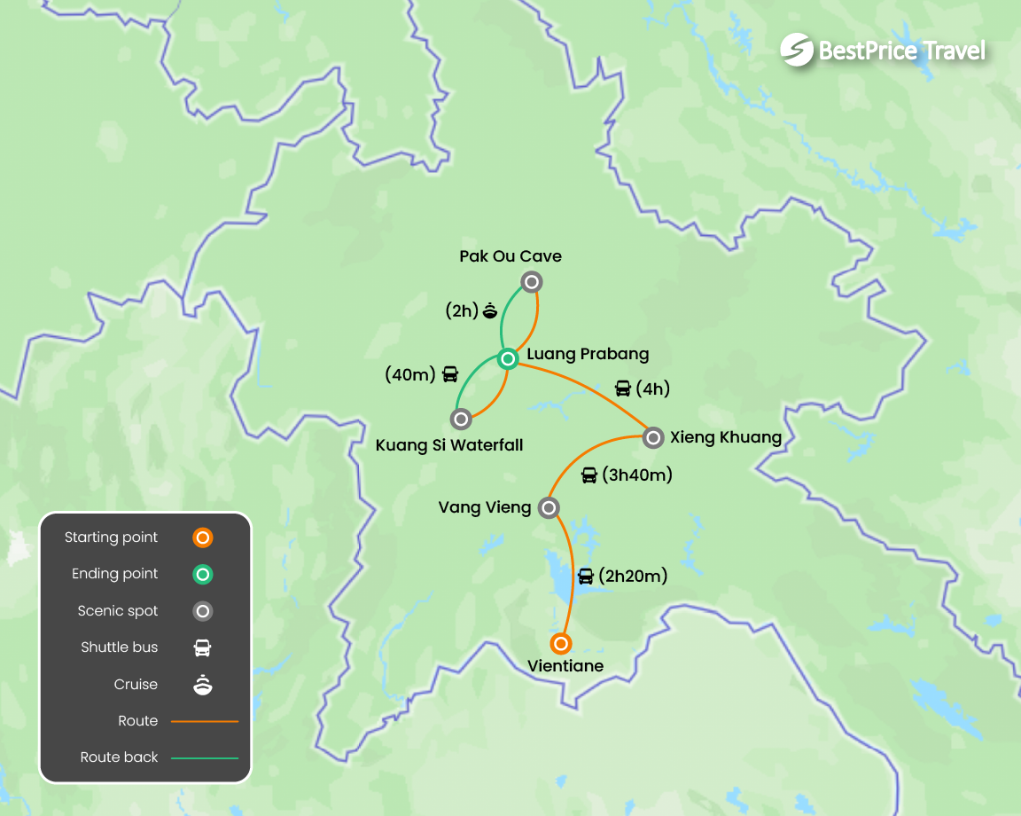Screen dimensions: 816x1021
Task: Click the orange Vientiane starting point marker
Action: point(560,643)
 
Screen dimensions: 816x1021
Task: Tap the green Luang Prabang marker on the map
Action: point(508,359)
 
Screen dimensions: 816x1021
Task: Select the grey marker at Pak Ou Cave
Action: point(531,282)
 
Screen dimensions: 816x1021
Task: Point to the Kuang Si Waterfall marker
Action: point(460,419)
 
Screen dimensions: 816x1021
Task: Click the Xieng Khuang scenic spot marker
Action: point(652,437)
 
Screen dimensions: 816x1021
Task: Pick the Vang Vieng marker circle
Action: point(549,507)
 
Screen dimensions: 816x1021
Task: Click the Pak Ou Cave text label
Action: point(510,256)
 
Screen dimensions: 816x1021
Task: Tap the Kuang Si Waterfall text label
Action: point(449,445)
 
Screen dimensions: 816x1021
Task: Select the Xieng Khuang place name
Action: point(726,437)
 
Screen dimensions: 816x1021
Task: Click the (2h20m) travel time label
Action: point(633,577)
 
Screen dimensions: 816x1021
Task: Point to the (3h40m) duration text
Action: point(636,475)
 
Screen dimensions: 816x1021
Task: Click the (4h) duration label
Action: point(651,388)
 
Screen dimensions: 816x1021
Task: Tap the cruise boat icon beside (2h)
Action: point(490,310)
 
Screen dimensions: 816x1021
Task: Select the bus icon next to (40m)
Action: point(450,374)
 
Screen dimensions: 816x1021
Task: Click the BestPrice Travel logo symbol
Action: point(797,50)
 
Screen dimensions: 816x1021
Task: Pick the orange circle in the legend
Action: point(203,537)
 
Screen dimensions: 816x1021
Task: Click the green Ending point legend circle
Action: point(203,575)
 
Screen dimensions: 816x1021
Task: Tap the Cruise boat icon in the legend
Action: point(203,685)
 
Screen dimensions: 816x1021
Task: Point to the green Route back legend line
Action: point(205,757)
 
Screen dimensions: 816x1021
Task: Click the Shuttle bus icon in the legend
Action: point(203,647)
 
